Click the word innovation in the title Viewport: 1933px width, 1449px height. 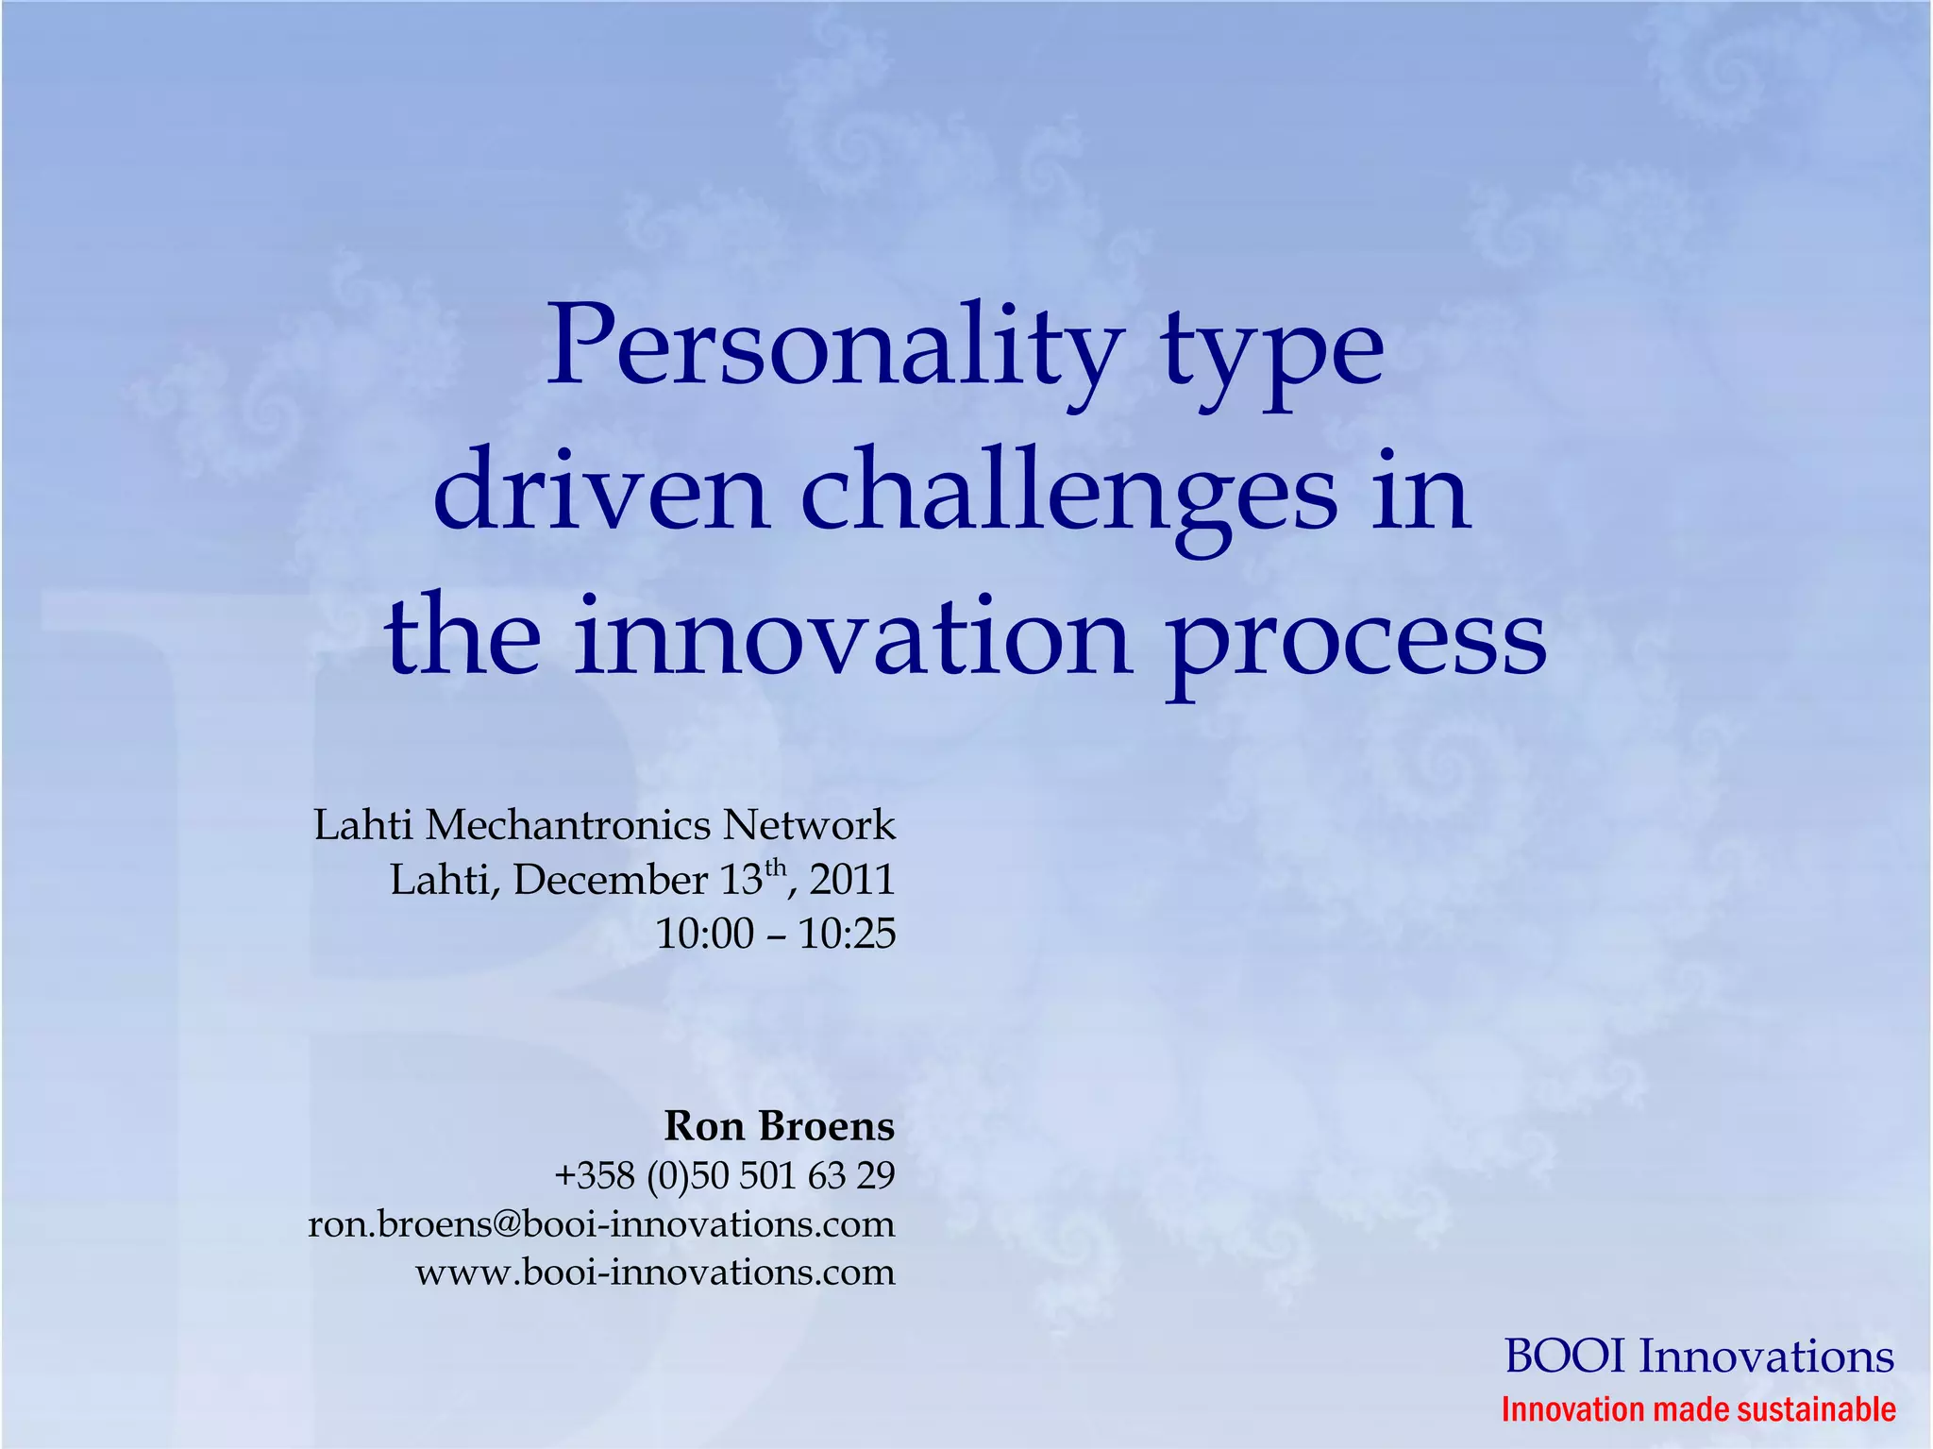[853, 636]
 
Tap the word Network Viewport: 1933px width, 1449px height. [809, 825]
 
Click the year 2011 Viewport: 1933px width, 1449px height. [851, 880]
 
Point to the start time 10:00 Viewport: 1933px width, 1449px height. [704, 934]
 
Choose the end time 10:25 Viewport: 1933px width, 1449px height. [847, 934]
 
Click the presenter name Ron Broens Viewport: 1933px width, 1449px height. [779, 1125]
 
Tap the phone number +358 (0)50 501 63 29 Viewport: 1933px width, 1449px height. [724, 1175]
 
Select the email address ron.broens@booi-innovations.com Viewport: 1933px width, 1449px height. [601, 1224]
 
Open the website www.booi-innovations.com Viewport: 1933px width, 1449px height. [655, 1272]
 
